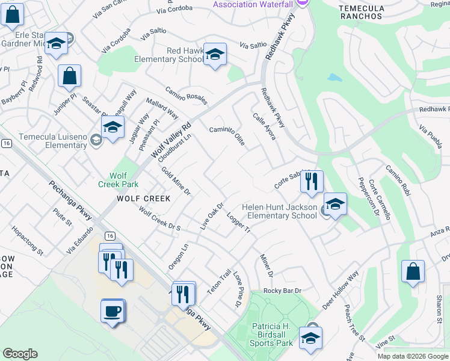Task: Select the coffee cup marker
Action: point(112,310)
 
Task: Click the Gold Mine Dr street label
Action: point(176,181)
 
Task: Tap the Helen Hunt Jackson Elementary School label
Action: point(279,211)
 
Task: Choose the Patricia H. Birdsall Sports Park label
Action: point(271,335)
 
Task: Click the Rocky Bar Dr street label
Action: point(282,291)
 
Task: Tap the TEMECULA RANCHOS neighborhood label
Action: point(361,11)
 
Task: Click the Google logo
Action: point(20,354)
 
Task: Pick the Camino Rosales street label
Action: point(186,94)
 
